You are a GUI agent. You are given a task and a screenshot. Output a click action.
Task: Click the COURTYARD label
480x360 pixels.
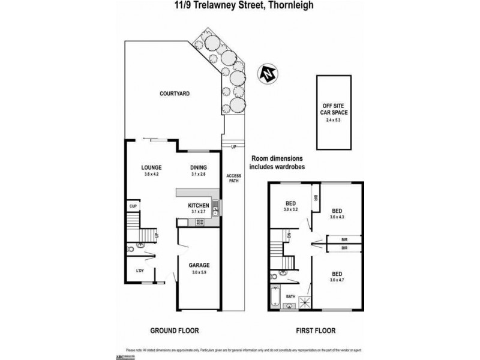(175, 94)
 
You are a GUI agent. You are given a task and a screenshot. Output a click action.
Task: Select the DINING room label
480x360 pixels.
(199, 168)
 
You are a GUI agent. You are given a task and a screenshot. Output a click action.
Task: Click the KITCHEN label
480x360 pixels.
(199, 206)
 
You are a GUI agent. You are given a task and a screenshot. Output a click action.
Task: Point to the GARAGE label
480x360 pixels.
(199, 265)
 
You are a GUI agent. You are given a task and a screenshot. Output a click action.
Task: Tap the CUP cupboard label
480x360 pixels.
(133, 208)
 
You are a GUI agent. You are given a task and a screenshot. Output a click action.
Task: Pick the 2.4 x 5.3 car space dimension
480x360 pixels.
(333, 121)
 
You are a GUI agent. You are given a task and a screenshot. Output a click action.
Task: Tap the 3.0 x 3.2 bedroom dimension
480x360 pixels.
(290, 209)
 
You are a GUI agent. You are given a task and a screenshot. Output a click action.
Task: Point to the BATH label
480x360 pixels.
(290, 296)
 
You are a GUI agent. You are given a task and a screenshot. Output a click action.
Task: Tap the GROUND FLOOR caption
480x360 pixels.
(175, 331)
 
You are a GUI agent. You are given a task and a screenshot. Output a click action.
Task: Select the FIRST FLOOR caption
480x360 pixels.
(316, 331)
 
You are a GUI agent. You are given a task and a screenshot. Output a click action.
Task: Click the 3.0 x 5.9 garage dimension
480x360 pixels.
(199, 272)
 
